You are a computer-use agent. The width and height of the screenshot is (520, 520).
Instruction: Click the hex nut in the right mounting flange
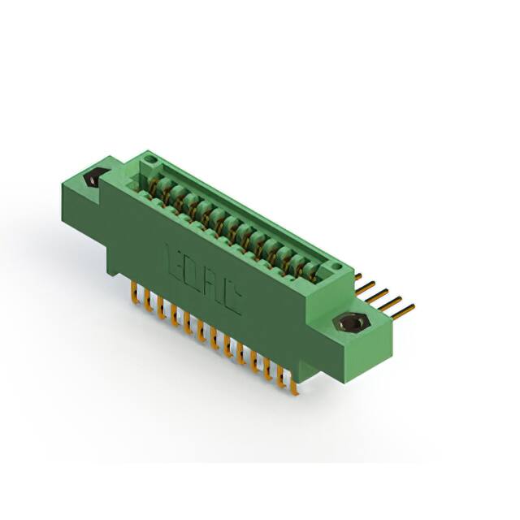[x=351, y=323]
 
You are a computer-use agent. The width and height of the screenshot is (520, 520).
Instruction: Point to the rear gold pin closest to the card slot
[x=358, y=277]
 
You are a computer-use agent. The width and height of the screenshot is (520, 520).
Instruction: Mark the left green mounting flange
[x=86, y=191]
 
